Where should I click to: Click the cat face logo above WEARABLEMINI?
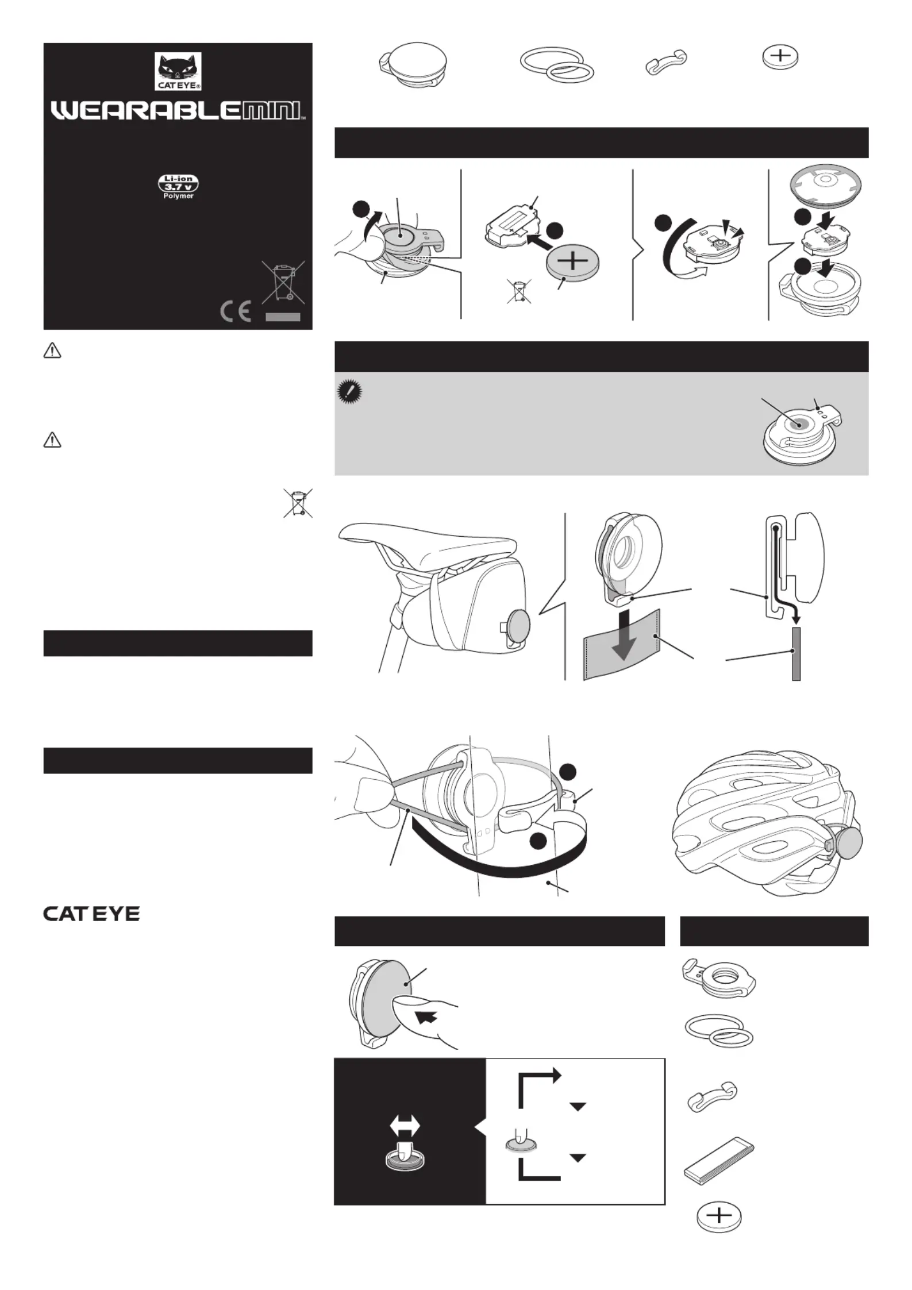click(x=178, y=71)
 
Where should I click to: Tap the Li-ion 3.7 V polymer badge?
click(x=178, y=187)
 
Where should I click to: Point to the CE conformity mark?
click(x=236, y=311)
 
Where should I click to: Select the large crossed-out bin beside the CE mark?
click(x=283, y=282)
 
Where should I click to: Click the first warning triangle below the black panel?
click(x=52, y=351)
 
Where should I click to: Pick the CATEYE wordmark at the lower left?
click(x=91, y=913)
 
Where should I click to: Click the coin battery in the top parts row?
click(x=780, y=57)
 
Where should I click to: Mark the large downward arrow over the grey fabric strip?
click(x=624, y=634)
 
